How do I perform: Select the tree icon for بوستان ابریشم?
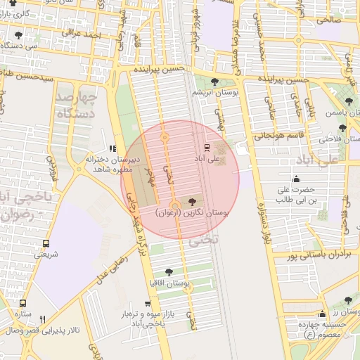pos(214,82)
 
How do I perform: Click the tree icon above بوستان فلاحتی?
pos(342,128)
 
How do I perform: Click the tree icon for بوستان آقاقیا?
pos(168,272)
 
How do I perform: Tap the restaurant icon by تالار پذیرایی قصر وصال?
pos(44,319)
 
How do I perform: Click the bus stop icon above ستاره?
pos(23,302)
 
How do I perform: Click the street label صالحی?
pos(328,20)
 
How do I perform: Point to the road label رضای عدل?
pos(112,264)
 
